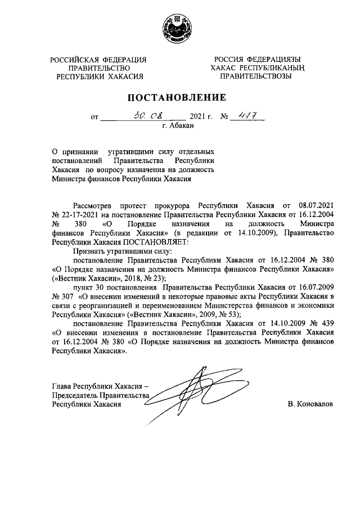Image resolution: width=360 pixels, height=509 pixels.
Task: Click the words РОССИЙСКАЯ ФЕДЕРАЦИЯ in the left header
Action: [x=98, y=60]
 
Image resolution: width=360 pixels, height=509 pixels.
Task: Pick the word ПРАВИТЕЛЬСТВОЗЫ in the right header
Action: [x=255, y=76]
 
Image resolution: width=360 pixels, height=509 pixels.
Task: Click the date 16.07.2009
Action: [x=314, y=287]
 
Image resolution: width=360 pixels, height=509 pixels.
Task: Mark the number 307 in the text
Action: [x=67, y=296]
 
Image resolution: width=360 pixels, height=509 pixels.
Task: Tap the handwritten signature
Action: [x=191, y=389]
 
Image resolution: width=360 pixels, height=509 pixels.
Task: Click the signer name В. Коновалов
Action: [x=309, y=404]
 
